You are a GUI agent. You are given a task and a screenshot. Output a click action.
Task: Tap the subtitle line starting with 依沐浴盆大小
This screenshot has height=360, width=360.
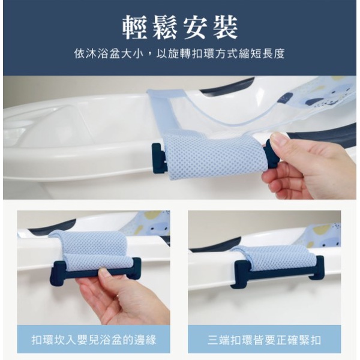coord(179,54)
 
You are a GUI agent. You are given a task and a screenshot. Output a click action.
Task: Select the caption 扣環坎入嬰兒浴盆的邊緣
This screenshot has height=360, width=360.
coord(94,340)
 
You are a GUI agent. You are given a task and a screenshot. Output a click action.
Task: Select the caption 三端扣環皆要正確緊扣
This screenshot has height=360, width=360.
coord(264,340)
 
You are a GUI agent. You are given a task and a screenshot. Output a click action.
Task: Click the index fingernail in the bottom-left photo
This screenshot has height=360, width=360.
coord(103,272)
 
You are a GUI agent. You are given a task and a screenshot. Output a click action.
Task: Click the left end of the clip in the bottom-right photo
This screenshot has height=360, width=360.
coord(238,275)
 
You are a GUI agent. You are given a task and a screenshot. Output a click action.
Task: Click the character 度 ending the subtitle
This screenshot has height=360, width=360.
coord(279,54)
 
